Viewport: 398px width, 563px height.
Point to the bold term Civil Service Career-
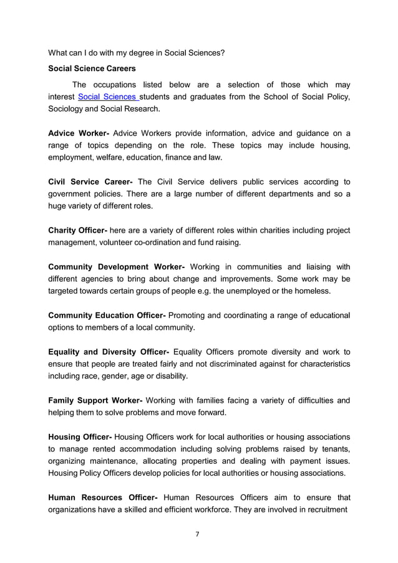pyautogui.click(x=90, y=181)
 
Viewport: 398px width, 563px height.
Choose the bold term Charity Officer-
pyautogui.click(x=78, y=230)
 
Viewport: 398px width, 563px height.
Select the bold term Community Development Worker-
pyautogui.click(x=116, y=266)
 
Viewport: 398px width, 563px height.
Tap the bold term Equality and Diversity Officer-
pyautogui.click(x=109, y=351)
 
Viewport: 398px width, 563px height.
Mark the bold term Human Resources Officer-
pyautogui.click(x=103, y=497)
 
